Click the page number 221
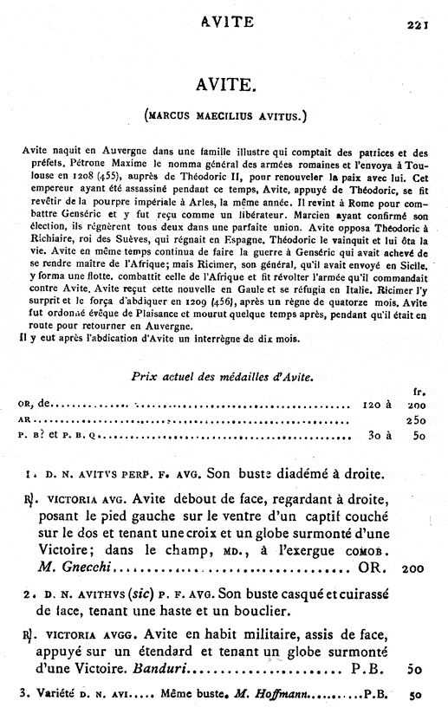coord(419,25)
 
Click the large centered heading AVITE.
coord(224,84)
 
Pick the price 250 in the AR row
coord(412,420)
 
